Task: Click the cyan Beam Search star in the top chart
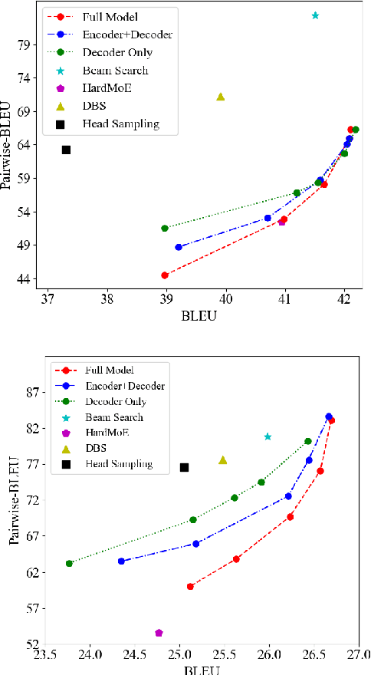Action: [315, 15]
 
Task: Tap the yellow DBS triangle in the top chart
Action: [221, 97]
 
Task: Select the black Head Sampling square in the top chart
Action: [66, 150]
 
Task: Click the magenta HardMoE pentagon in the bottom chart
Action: [159, 633]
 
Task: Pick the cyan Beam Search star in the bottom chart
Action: [268, 436]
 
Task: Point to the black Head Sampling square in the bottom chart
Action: [184, 467]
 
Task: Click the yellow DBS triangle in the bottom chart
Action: [223, 459]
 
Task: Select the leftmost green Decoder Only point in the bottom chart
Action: [69, 563]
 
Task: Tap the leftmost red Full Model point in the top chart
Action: [165, 275]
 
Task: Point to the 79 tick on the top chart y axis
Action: [28, 44]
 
